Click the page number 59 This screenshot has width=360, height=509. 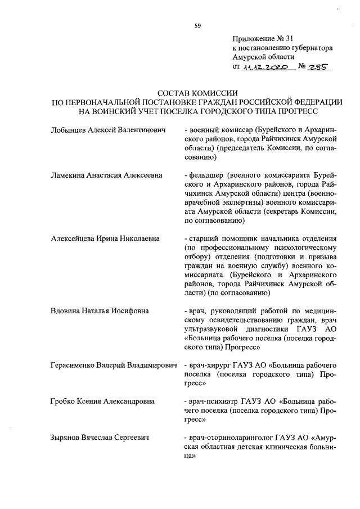pyautogui.click(x=198, y=25)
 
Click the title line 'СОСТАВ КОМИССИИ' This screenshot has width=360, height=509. pyautogui.click(x=197, y=93)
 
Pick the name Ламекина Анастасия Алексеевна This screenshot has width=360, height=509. pyautogui.click(x=106, y=175)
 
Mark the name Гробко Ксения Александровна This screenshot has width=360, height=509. pyautogui.click(x=102, y=401)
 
